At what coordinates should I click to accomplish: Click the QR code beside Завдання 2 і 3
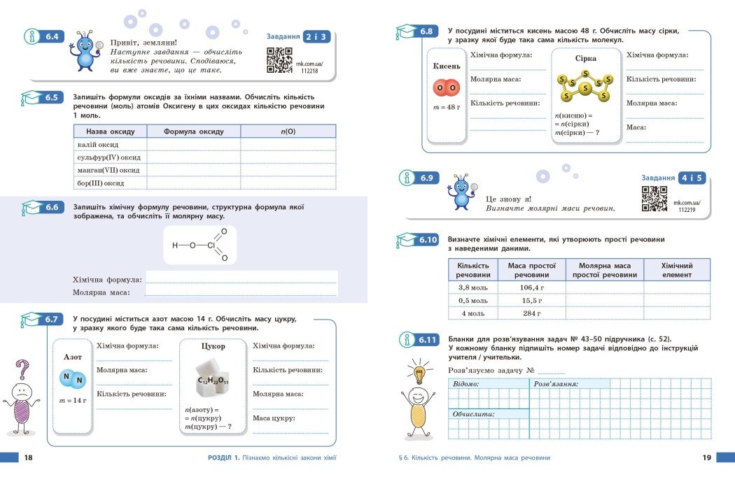click(280, 60)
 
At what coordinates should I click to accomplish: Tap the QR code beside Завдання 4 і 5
click(654, 199)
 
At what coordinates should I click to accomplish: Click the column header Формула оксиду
click(194, 131)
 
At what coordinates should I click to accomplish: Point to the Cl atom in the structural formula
click(210, 245)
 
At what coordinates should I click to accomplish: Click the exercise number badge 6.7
click(51, 320)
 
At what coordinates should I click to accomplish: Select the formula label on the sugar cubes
click(213, 380)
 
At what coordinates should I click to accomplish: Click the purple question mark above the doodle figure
click(23, 369)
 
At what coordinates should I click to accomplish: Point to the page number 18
click(28, 458)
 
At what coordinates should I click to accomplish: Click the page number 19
click(706, 458)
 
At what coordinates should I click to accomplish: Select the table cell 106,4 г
click(531, 287)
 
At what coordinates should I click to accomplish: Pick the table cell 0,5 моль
click(472, 300)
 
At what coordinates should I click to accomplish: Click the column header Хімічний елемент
click(676, 271)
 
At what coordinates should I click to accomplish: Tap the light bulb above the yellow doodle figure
click(421, 373)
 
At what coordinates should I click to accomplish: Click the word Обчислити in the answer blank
click(473, 414)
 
